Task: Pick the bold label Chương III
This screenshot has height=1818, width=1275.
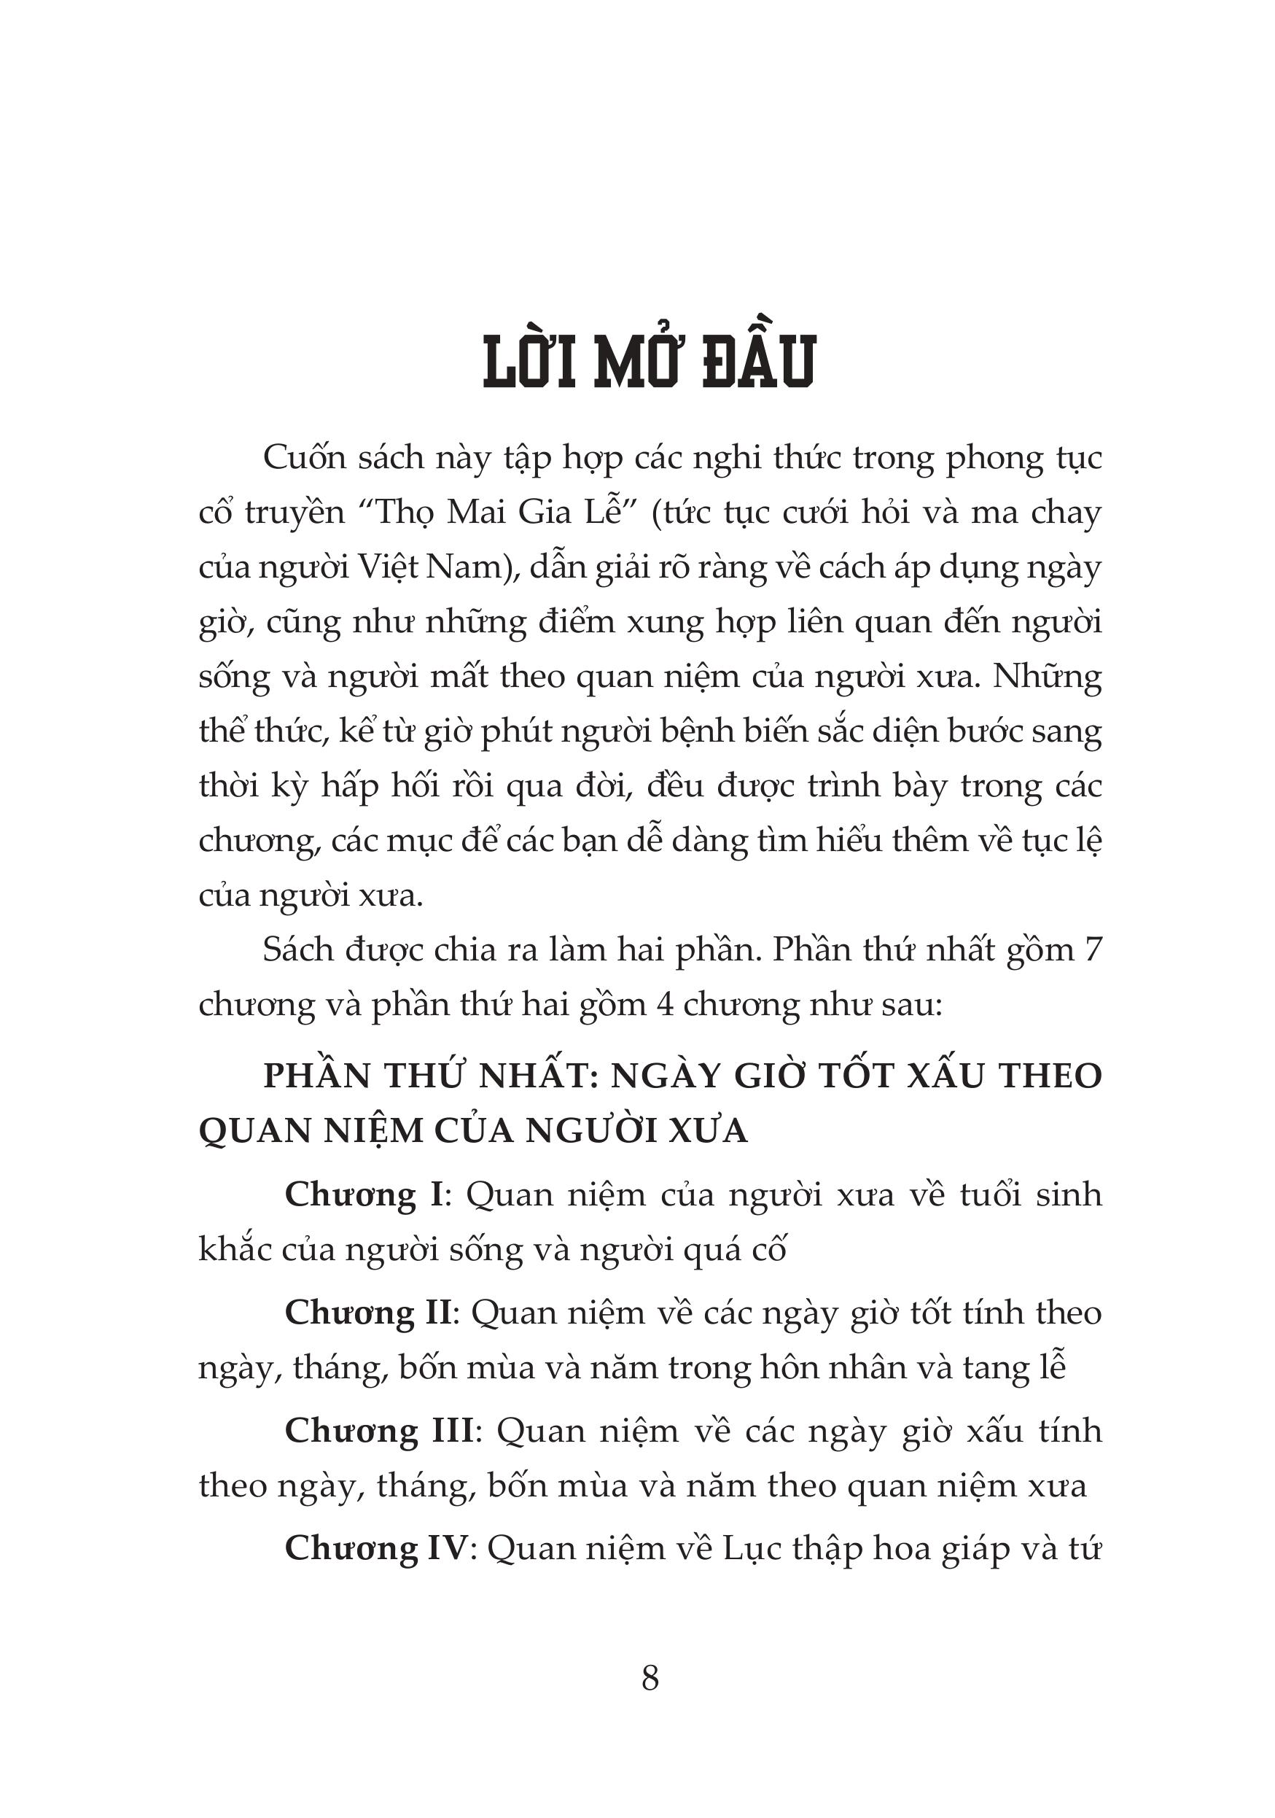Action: [379, 1430]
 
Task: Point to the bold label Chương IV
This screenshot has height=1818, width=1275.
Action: [377, 1548]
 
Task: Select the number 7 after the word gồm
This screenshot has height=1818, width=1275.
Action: [1093, 949]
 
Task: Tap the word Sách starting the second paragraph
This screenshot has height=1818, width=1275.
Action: [297, 949]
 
